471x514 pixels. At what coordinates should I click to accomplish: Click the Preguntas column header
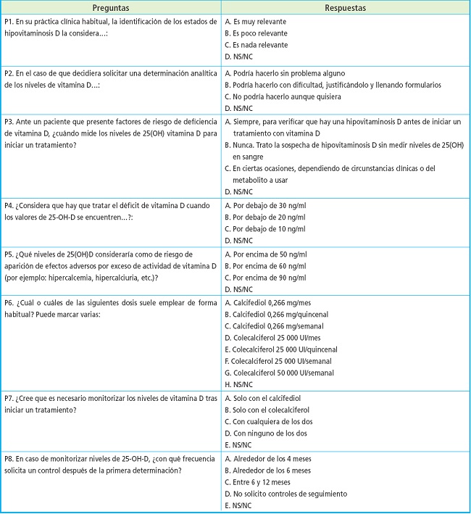click(x=111, y=8)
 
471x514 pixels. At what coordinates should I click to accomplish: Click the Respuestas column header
click(x=346, y=8)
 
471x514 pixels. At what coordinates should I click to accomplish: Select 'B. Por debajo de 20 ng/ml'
click(x=269, y=217)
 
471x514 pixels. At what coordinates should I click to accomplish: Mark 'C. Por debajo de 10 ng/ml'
click(x=269, y=229)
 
